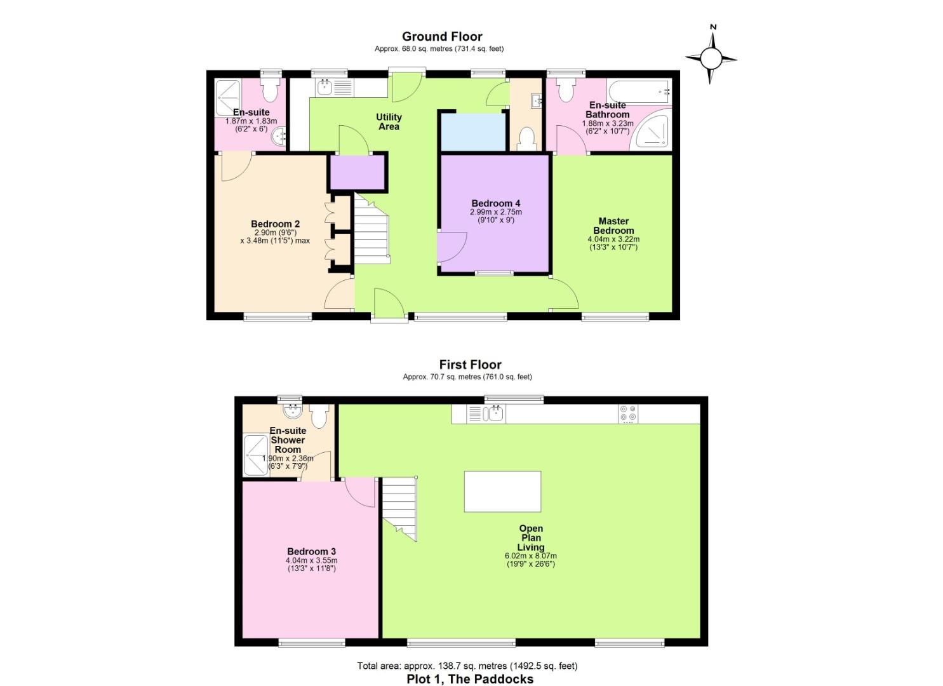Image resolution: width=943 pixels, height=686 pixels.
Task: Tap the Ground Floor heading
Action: (x=442, y=37)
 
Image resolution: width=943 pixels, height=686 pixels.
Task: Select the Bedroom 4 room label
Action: (x=496, y=204)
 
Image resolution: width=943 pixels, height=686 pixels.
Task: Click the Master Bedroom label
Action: (x=613, y=226)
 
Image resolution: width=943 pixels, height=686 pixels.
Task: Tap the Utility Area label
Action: (x=389, y=121)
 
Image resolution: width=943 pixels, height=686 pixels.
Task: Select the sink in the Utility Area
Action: (x=325, y=88)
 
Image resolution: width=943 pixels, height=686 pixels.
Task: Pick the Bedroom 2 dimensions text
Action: (x=275, y=236)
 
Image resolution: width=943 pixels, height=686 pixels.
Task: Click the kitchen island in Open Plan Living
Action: (x=502, y=491)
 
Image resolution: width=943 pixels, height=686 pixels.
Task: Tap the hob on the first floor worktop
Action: (x=629, y=414)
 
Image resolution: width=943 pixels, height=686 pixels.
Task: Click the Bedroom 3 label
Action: (x=311, y=552)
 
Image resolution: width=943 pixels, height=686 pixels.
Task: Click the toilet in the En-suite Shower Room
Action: (x=319, y=415)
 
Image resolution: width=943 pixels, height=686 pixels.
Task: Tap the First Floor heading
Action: (x=470, y=365)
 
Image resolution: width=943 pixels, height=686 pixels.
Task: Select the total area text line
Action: (x=467, y=666)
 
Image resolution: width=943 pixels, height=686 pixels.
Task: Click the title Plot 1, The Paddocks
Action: (x=470, y=679)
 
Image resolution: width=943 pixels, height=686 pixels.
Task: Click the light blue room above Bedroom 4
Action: (x=474, y=131)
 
